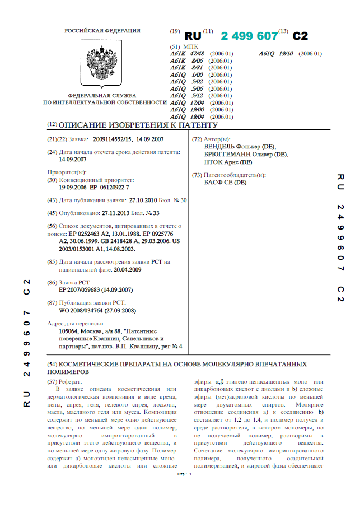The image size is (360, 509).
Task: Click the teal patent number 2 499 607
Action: click(x=249, y=35)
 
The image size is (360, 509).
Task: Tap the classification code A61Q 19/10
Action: click(x=278, y=54)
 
